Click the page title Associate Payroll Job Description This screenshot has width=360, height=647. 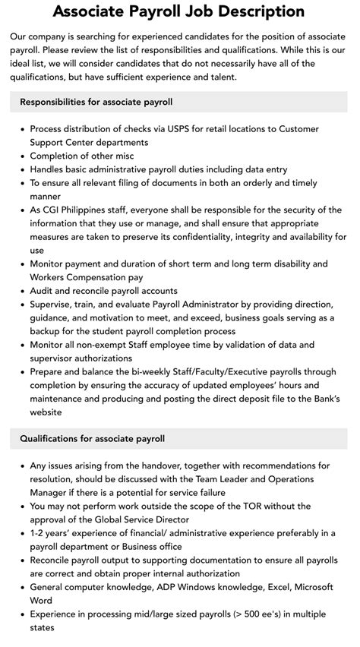179,12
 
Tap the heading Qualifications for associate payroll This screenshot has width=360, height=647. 92,438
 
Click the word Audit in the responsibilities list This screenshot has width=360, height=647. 43,291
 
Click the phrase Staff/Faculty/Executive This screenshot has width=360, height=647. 233,372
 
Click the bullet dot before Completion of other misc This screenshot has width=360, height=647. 21,156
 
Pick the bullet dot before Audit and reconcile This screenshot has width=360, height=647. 21,291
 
